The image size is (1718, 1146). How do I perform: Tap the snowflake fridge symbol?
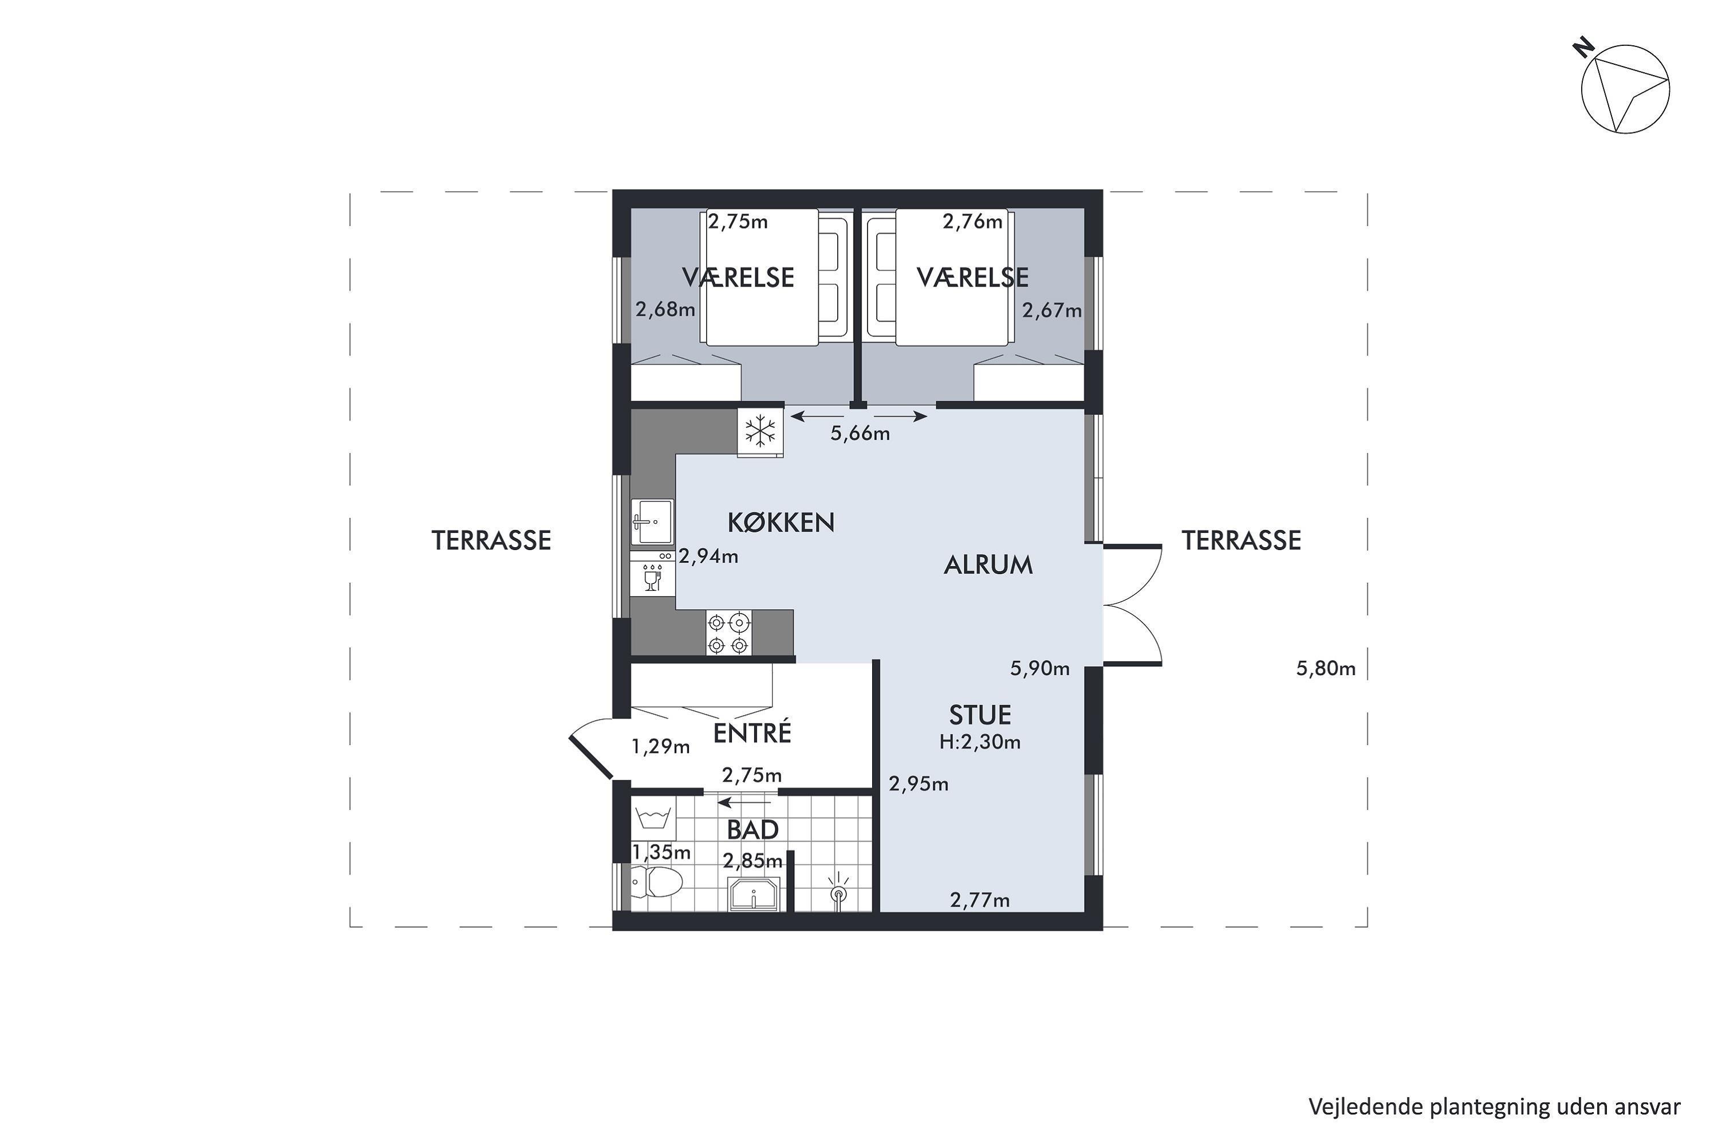[x=760, y=431]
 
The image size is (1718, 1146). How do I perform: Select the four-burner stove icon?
[x=728, y=633]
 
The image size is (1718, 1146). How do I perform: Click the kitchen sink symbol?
[x=652, y=522]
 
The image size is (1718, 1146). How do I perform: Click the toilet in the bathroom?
[x=656, y=882]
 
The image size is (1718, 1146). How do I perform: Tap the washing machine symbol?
[x=653, y=818]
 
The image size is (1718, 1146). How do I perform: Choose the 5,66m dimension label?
[x=860, y=433]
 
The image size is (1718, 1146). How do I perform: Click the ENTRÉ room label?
[x=751, y=732]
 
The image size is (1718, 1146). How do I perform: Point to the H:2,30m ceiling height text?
[x=979, y=742]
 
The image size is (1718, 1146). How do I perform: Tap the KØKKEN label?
[x=781, y=522]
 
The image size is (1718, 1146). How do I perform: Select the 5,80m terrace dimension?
[x=1326, y=668]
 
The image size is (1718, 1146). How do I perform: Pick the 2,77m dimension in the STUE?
[x=979, y=900]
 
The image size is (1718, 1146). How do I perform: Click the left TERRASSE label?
[x=491, y=540]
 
